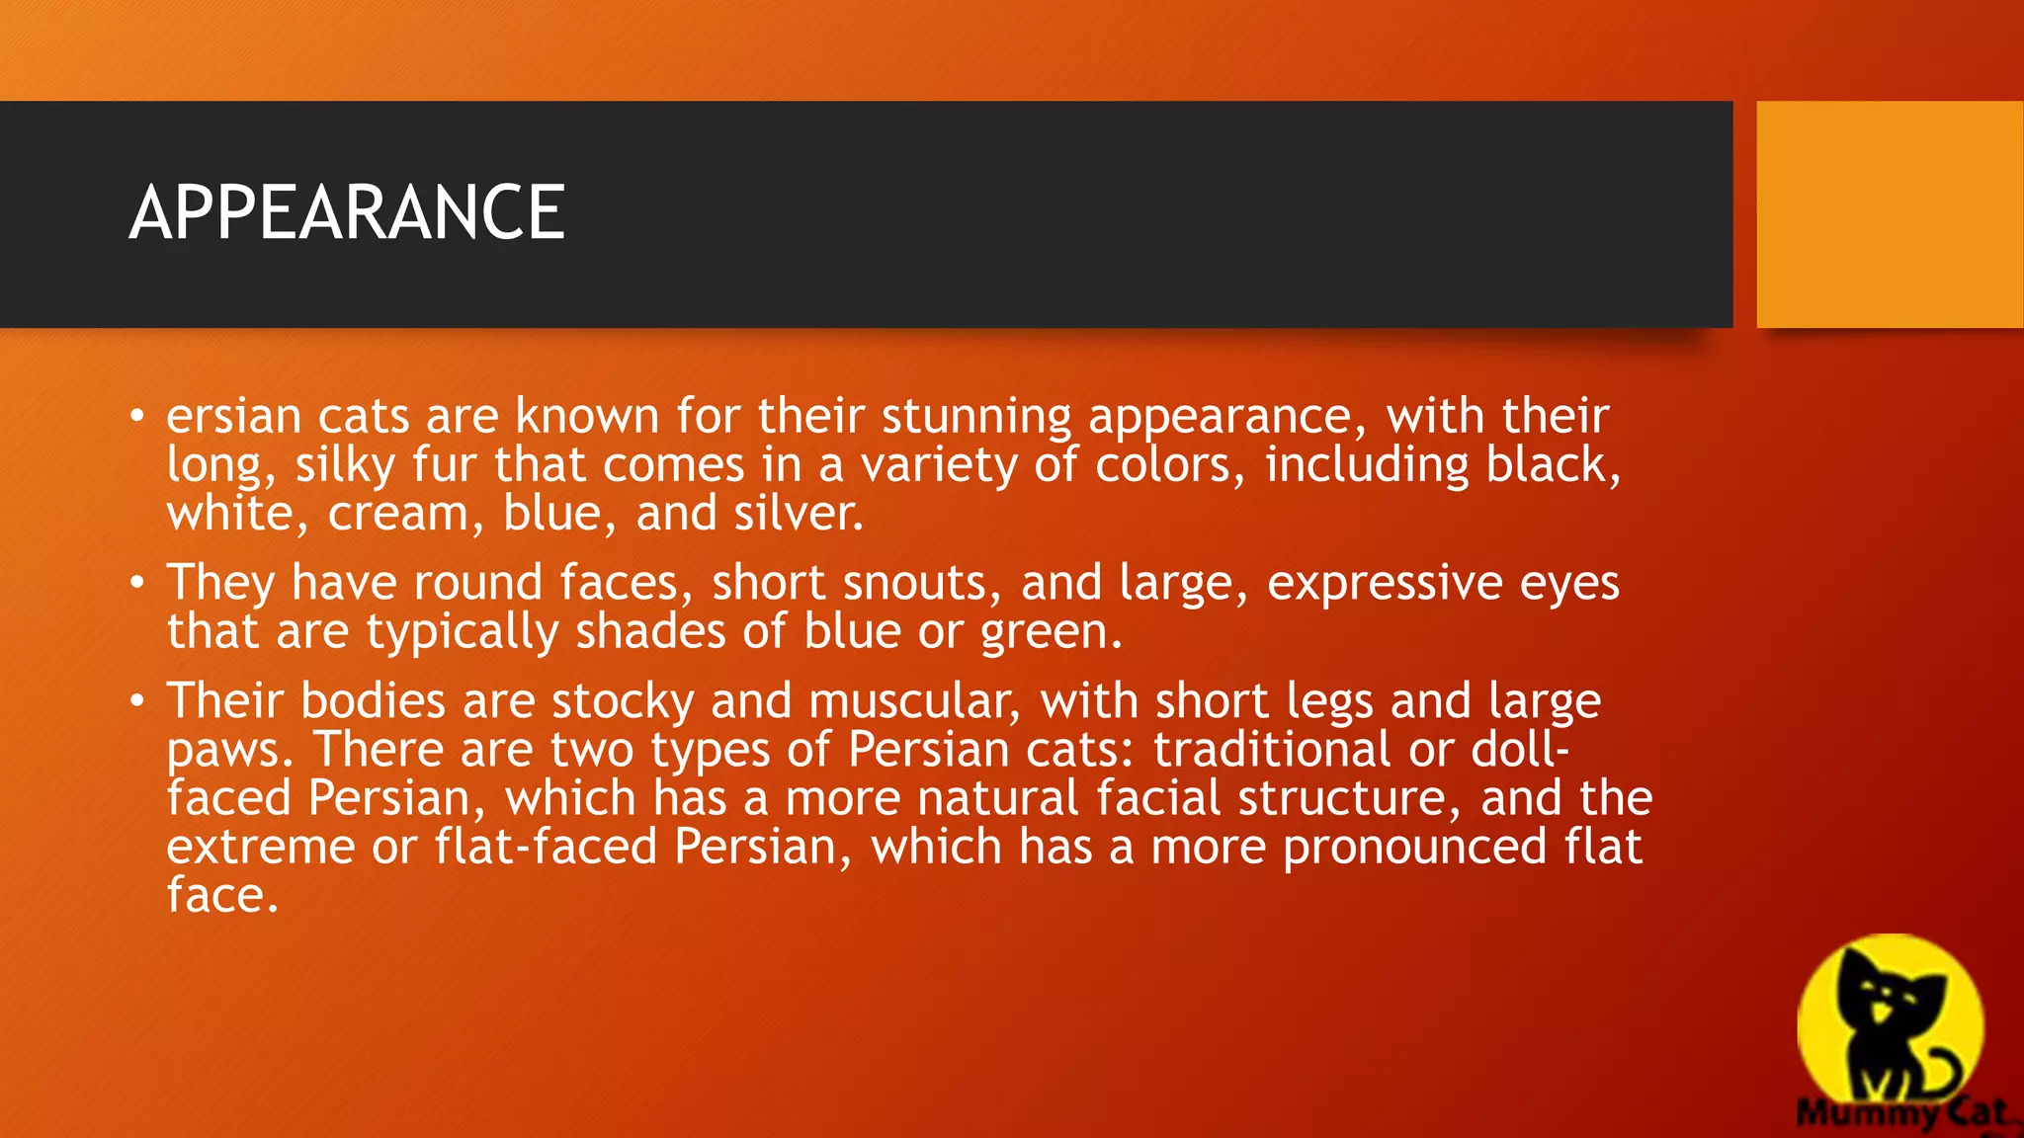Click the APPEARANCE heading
[347, 212]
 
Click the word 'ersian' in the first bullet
[233, 416]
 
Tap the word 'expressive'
[1385, 583]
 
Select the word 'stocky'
[623, 701]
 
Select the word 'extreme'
[261, 848]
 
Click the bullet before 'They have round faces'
[137, 582]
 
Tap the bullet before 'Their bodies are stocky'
[137, 700]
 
